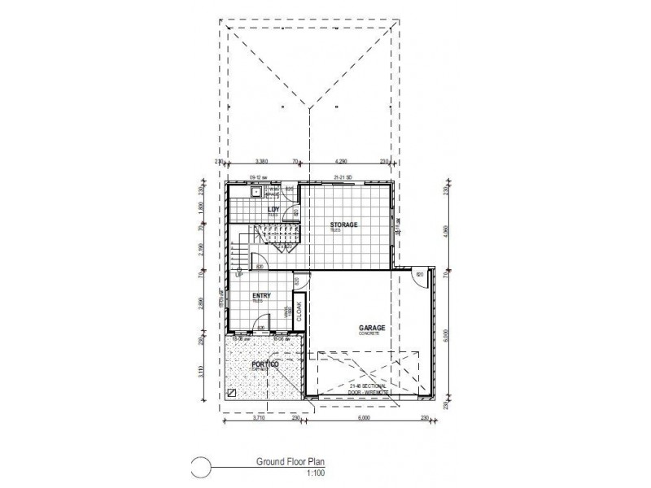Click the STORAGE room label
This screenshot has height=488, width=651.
click(x=343, y=224)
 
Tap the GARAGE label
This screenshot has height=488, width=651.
click(x=371, y=329)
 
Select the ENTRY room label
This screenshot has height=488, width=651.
click(x=261, y=296)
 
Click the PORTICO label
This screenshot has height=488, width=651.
click(x=265, y=365)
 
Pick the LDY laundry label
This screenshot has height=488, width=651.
click(x=273, y=209)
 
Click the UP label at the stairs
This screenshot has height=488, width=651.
click(x=239, y=274)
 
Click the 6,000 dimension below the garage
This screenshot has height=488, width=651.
click(x=364, y=418)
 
